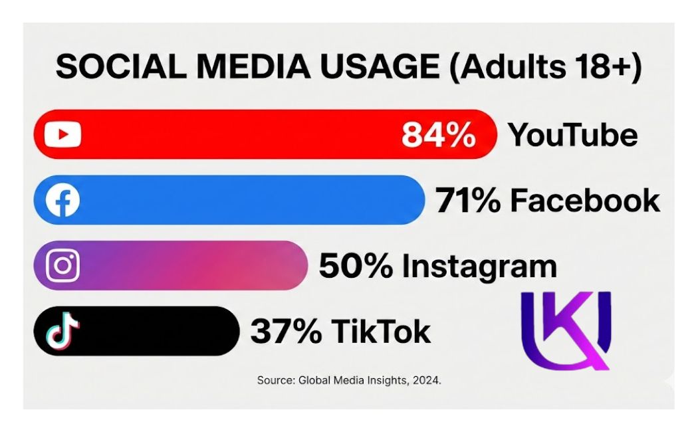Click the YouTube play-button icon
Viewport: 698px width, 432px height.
(x=62, y=134)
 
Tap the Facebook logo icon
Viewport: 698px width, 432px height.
(x=62, y=200)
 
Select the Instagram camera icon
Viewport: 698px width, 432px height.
(x=62, y=265)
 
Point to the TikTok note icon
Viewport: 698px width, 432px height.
(x=62, y=330)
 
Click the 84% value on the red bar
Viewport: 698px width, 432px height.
(x=439, y=134)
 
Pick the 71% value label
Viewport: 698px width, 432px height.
(x=468, y=200)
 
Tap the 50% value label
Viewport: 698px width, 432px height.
(x=356, y=266)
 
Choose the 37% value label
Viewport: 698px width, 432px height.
(x=286, y=331)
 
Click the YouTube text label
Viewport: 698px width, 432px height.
(x=573, y=134)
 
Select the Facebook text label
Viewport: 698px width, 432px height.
(x=585, y=200)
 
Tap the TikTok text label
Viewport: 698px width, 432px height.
(x=381, y=331)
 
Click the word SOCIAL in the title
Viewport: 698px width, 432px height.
(x=121, y=66)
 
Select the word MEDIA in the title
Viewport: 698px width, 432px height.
(x=253, y=66)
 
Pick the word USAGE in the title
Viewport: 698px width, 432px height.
(x=380, y=66)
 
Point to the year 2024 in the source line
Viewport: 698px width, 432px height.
(x=427, y=380)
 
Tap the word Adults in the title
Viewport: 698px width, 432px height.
(x=513, y=66)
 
